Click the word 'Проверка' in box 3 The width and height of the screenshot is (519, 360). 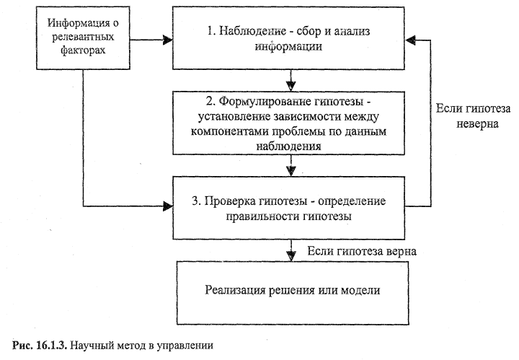pyautogui.click(x=246, y=199)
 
